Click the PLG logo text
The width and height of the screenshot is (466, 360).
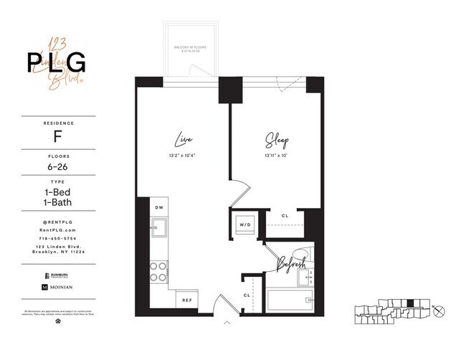pos(57,62)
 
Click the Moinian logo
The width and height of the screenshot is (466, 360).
pos(58,287)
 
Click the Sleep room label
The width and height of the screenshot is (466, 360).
pos(276,138)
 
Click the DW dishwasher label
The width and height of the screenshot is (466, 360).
pos(159,208)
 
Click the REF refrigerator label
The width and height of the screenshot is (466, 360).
pos(186,300)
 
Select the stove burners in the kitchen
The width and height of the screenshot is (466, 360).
pos(158,271)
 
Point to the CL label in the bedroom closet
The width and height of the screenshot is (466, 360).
pos(285,215)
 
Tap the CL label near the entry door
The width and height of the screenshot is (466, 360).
pos(247,294)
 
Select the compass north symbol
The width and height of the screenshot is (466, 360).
pos(439,311)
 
